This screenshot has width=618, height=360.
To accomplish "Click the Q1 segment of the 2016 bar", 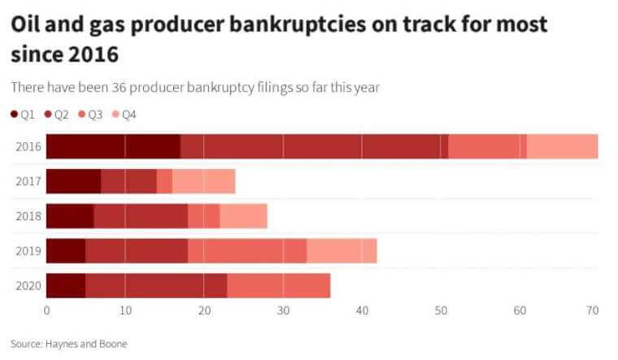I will click(x=113, y=146).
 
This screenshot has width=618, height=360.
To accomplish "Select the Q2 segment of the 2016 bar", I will click(x=314, y=146).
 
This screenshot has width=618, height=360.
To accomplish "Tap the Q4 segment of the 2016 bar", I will click(x=563, y=146).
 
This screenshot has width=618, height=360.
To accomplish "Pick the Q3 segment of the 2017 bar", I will click(x=164, y=181).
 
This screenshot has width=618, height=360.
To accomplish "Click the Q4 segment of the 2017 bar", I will click(x=203, y=181).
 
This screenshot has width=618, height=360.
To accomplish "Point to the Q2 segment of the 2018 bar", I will click(x=141, y=216).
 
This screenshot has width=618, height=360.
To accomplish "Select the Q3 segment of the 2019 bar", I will click(x=247, y=251).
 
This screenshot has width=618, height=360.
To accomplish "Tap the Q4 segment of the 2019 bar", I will click(x=342, y=251).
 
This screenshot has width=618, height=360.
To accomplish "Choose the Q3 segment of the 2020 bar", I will click(x=279, y=286).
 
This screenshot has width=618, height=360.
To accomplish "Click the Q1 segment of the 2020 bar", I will click(x=66, y=286).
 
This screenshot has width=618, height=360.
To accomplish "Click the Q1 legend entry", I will click(x=22, y=115).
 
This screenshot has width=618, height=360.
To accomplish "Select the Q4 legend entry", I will click(x=124, y=115).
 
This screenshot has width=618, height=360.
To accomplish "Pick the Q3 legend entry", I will click(x=90, y=115).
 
